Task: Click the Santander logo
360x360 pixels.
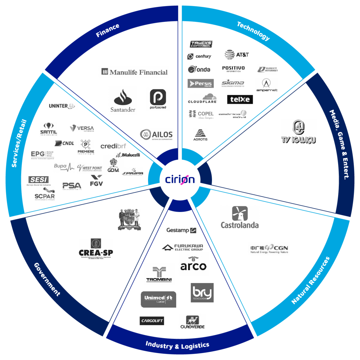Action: point(123,101)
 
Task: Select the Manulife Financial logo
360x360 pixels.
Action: point(134,72)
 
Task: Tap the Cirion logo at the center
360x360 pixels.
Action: point(180,179)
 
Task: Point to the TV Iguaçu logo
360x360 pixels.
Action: point(299,131)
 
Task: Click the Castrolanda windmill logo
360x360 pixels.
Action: point(240,217)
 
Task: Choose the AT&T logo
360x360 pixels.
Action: point(237,55)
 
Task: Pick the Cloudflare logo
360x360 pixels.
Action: point(202,98)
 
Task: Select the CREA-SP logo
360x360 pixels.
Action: point(96,249)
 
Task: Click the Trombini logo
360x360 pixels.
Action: point(159,274)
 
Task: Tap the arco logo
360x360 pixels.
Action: point(193,264)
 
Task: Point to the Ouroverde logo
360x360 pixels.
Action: point(192,322)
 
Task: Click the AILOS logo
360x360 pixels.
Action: point(156,135)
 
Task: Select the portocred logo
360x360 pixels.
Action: point(158,99)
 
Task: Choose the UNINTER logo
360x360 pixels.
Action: point(62,106)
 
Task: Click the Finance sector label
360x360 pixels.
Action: point(108,31)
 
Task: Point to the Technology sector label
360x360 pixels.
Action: point(253,31)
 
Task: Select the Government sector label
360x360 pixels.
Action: point(47,279)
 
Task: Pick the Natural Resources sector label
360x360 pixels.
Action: point(311,281)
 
